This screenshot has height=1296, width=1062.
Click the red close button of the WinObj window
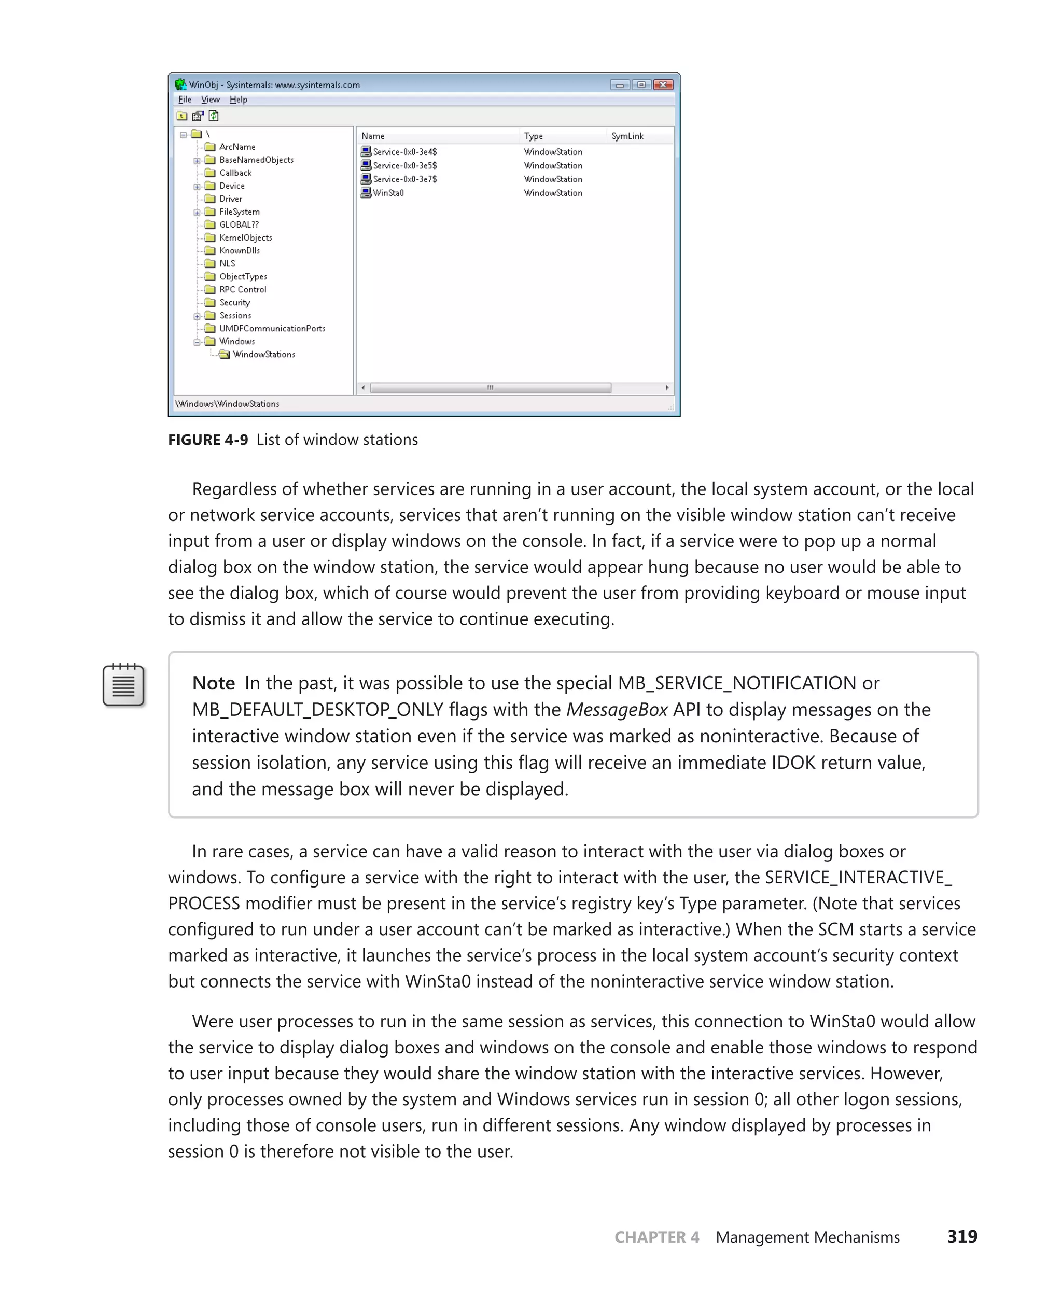pyautogui.click(x=663, y=85)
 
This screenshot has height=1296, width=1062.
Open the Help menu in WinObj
pyautogui.click(x=238, y=100)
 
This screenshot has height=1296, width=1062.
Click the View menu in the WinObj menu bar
pyautogui.click(x=210, y=100)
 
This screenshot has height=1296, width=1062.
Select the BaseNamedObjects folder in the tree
pyautogui.click(x=256, y=160)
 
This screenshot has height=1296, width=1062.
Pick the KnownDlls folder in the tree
pyautogui.click(x=239, y=250)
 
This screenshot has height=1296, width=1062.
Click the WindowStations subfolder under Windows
pyautogui.click(x=263, y=354)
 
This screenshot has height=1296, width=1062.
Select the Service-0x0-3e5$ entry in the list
pyautogui.click(x=404, y=166)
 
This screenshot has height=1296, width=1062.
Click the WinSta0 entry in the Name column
pyautogui.click(x=388, y=193)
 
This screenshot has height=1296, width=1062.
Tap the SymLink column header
pyautogui.click(x=627, y=136)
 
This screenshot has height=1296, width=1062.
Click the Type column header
pyautogui.click(x=533, y=136)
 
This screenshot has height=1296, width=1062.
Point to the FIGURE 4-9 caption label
pyautogui.click(x=208, y=440)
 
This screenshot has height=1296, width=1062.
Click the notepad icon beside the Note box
pyautogui.click(x=123, y=685)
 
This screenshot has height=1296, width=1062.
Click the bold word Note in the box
pyautogui.click(x=214, y=683)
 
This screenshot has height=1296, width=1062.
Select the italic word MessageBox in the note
pyautogui.click(x=617, y=710)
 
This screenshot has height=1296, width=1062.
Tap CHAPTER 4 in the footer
pyautogui.click(x=656, y=1237)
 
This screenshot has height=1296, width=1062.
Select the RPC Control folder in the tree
pyautogui.click(x=242, y=289)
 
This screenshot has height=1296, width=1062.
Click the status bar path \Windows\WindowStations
pyautogui.click(x=227, y=404)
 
